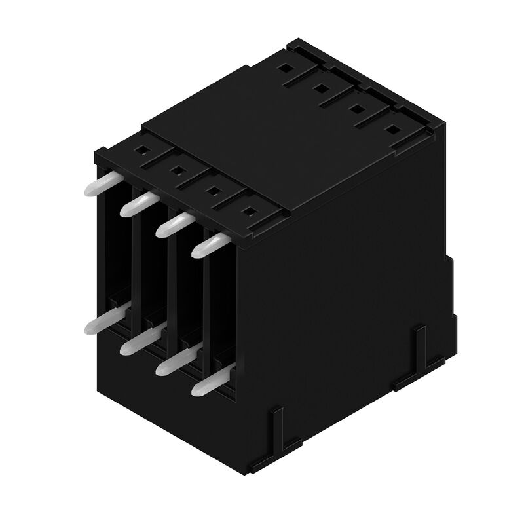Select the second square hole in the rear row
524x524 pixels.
tap(321, 87)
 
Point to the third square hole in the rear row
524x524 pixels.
tap(356, 108)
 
